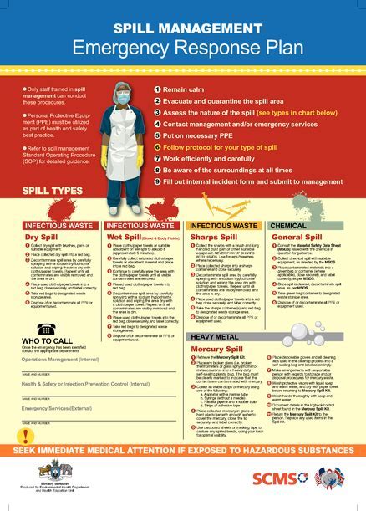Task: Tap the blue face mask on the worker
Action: coord(116,97)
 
